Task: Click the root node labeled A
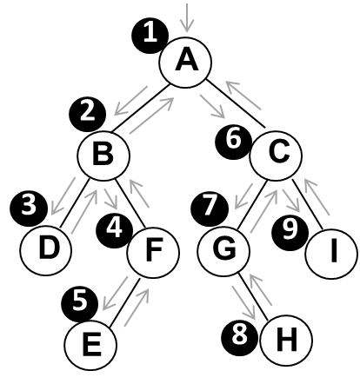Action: [x=185, y=63]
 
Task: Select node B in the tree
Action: [x=103, y=156]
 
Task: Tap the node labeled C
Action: [x=276, y=156]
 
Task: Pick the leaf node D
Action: [x=46, y=250]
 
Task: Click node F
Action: [x=153, y=253]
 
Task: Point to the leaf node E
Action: [x=90, y=345]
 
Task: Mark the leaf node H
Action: [x=286, y=341]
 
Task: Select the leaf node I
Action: [x=331, y=254]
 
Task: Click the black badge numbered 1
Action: [x=150, y=36]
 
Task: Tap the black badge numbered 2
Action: [x=87, y=115]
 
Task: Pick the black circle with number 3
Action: [x=29, y=209]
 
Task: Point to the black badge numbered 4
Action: [x=115, y=230]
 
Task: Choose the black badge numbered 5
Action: [x=80, y=303]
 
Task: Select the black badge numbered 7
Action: [x=210, y=209]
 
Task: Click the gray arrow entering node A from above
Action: [x=187, y=17]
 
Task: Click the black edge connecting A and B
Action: [x=140, y=108]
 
